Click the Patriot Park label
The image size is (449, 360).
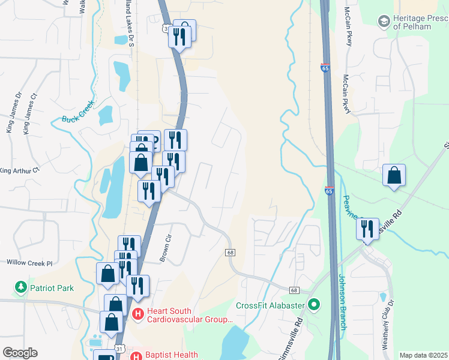coord(53,288)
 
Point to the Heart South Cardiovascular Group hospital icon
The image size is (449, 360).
coord(137,313)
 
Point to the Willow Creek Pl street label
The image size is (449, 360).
coord(29,263)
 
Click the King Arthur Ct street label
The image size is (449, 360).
coord(19,170)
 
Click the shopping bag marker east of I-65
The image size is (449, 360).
coord(394,175)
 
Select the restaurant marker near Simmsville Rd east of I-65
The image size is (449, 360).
coord(367,229)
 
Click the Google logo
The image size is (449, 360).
coord(20,353)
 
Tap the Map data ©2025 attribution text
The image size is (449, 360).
coord(423,355)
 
